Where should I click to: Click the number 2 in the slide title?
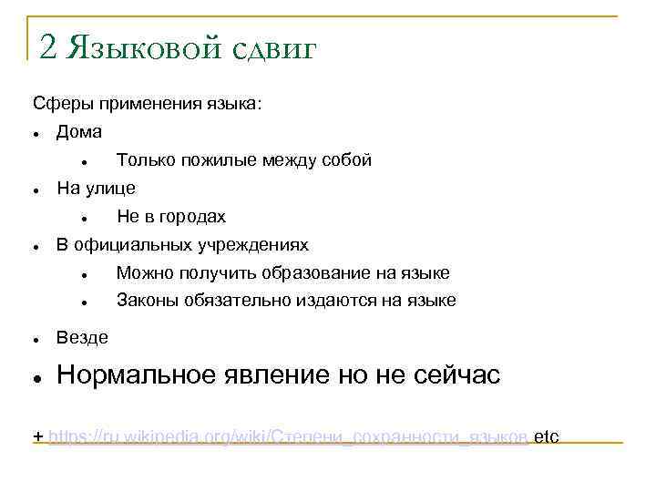point(50,46)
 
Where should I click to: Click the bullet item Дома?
point(79,132)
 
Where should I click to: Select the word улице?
point(110,189)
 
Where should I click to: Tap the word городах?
point(192,217)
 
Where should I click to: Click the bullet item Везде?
point(82,338)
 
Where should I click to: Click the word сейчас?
point(455,375)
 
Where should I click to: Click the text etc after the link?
point(546,436)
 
